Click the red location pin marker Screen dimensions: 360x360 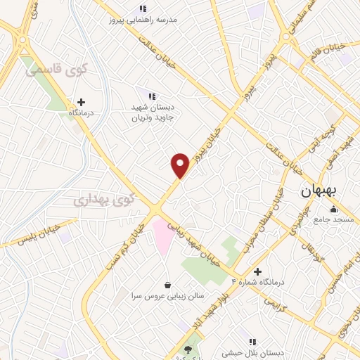[x=180, y=165]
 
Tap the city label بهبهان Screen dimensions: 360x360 [x=320, y=191]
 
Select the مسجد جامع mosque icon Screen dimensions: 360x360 [x=333, y=209]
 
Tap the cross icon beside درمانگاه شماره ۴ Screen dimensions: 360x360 [x=257, y=271]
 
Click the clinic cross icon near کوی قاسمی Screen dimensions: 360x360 [x=81, y=102]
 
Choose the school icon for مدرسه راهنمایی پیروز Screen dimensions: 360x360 [x=143, y=8]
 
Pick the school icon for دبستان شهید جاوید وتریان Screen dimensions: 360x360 [x=151, y=96]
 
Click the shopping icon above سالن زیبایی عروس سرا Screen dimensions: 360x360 [x=167, y=285]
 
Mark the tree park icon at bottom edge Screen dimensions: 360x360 [x=188, y=349]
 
